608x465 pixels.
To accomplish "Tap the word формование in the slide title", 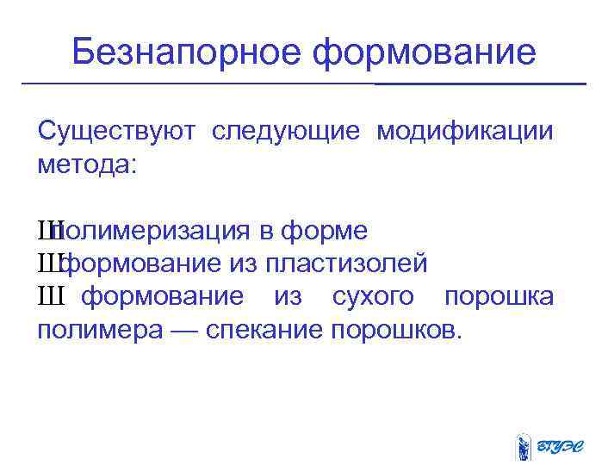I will pos(424,53).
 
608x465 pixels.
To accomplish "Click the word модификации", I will pos(465,132).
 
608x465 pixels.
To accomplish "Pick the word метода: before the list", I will pos(87,164).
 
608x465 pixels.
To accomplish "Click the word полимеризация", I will pos(150,231).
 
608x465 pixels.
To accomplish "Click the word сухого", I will pos(373,297).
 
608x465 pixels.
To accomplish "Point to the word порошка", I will pos(499,297).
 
